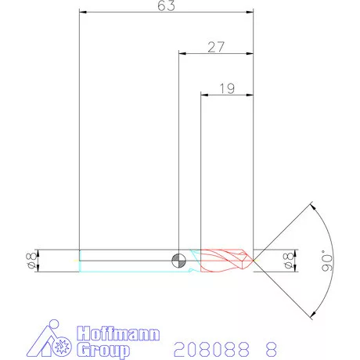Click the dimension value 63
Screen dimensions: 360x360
pos(167,6)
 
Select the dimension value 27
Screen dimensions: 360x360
pos(216,47)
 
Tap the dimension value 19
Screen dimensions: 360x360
pos(227,88)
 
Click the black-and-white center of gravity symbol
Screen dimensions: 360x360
pos(179,259)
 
